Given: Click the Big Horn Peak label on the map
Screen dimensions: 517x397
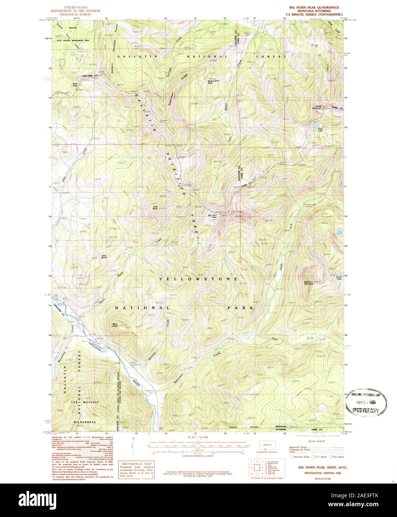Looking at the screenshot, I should point(212,216).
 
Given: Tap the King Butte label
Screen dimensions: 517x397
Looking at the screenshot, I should point(156,208).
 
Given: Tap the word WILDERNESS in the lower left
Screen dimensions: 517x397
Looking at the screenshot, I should point(84,422).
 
